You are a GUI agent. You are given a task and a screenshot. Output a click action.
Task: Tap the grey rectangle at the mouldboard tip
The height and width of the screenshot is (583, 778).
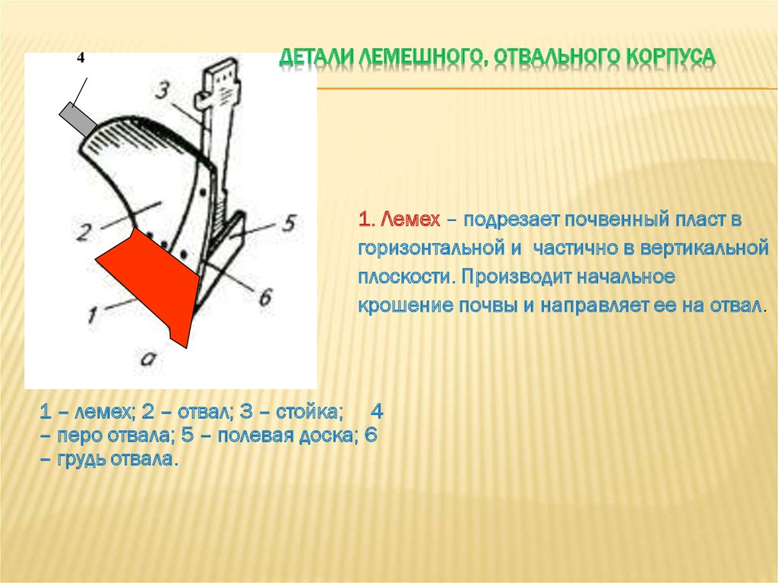[x=78, y=119]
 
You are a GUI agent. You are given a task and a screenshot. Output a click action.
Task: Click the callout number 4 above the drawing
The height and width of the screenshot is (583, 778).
[x=81, y=58]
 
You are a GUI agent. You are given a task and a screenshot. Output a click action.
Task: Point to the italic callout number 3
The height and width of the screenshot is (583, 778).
[x=163, y=91]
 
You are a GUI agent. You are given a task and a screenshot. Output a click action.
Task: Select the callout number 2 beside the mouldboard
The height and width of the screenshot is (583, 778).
[x=85, y=232]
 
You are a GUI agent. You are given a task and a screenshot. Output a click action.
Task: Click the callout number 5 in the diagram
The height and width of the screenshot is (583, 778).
[x=289, y=223]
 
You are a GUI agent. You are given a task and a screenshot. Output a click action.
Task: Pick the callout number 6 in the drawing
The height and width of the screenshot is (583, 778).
[x=265, y=297]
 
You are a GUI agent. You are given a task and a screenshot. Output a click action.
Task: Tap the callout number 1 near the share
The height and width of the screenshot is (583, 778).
[x=93, y=315]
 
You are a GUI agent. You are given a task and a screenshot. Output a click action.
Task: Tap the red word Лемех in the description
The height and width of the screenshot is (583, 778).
[x=410, y=219]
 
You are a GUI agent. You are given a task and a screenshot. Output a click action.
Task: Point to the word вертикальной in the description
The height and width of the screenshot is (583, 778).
[x=704, y=247]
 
